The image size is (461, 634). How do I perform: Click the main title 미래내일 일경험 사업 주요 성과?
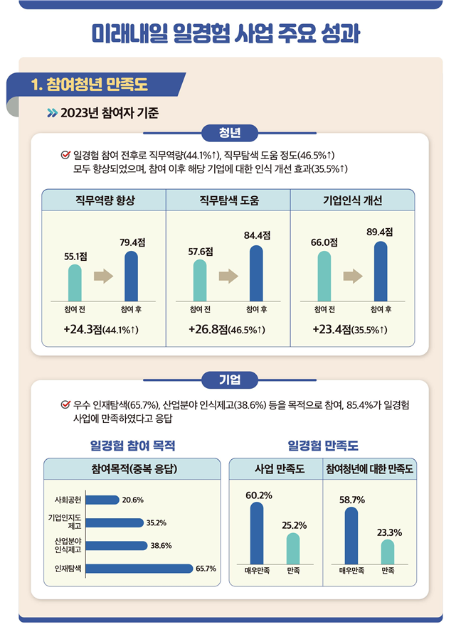tap(230, 33)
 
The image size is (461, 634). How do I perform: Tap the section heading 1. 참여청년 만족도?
tap(89, 85)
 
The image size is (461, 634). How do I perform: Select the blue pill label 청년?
tap(230, 132)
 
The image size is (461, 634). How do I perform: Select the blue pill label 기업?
tap(230, 379)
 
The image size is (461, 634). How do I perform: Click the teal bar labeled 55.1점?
tap(75, 283)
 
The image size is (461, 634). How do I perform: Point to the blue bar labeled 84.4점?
tap(256, 273)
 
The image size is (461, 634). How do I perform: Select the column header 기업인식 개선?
tap(352, 200)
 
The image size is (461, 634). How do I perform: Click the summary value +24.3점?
tap(83, 330)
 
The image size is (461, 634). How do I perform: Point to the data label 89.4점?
tap(380, 232)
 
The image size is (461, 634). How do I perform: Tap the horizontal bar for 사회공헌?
tap(103, 500)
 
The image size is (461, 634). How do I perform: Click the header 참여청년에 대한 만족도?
tap(370, 470)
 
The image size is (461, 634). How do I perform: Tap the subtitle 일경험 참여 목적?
tap(132, 446)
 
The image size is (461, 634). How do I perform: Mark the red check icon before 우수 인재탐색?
tap(66, 405)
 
